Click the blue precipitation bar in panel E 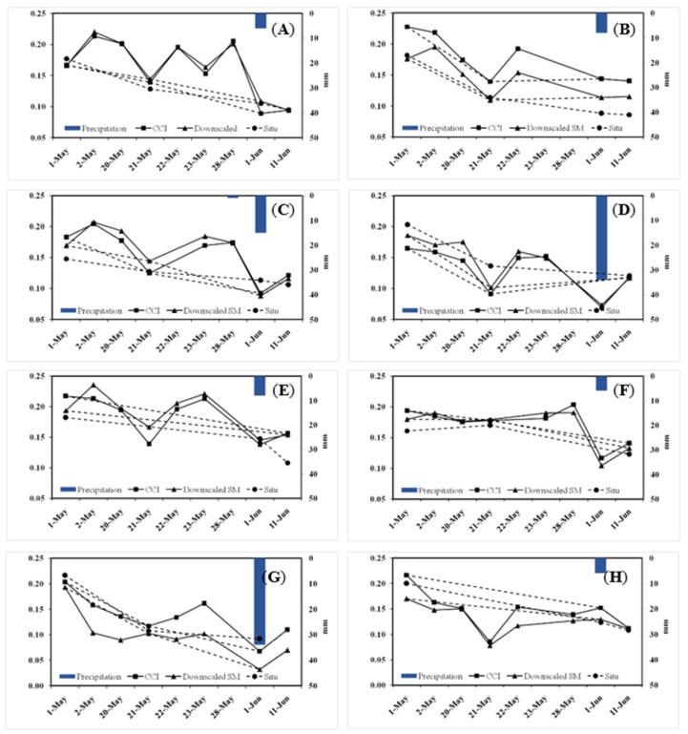pyautogui.click(x=260, y=386)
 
